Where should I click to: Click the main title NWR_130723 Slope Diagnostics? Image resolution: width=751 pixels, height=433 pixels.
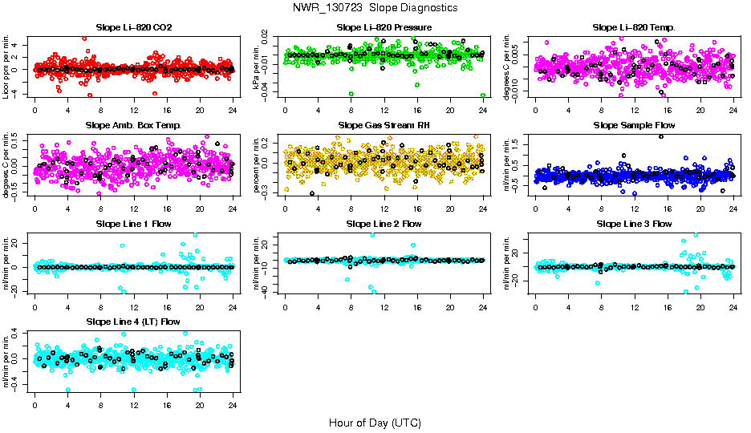(375, 7)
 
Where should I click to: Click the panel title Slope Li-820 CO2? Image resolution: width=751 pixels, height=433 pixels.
(133, 27)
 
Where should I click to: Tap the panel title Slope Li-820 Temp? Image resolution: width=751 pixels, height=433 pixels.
(634, 27)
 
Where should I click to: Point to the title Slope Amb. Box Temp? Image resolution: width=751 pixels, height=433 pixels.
(133, 125)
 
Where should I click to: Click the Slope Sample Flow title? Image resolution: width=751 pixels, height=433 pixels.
(634, 125)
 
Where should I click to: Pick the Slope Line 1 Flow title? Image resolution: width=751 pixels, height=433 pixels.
(133, 224)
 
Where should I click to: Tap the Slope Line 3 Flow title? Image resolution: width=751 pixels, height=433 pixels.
(634, 224)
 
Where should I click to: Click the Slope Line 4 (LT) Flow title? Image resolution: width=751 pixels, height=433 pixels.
(133, 322)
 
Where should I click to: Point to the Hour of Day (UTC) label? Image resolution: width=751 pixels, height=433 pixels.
(375, 423)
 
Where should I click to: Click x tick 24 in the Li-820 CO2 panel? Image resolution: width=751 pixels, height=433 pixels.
(233, 111)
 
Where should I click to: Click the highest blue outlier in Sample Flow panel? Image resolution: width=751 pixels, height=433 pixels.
(660, 136)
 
